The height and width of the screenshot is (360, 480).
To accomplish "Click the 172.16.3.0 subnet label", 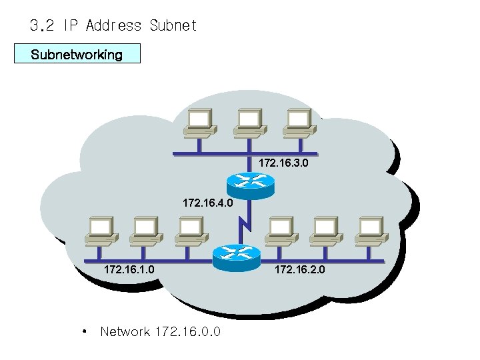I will pos(284,163).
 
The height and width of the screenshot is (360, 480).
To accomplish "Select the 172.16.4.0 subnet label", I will pos(208,201).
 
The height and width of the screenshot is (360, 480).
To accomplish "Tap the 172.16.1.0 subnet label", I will pos(129,270).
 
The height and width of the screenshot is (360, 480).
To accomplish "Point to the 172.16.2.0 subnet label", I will pos(299,270).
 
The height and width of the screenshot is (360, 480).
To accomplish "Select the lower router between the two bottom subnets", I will pos(235,255).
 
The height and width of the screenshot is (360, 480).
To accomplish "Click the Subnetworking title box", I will pos(77,54).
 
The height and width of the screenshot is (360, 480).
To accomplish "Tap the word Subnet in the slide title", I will pos(173,26).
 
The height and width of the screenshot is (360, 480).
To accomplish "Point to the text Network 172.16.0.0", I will pos(160,331).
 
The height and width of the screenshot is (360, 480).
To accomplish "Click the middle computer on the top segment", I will pos(248,123).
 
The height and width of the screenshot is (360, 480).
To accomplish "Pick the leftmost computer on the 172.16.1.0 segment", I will pos(101,230).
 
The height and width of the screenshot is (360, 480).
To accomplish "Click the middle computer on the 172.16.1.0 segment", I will pos(146,230).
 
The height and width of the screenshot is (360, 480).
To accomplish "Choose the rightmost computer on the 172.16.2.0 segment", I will pos(370,230).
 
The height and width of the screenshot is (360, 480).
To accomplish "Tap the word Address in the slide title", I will pos(114,26).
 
